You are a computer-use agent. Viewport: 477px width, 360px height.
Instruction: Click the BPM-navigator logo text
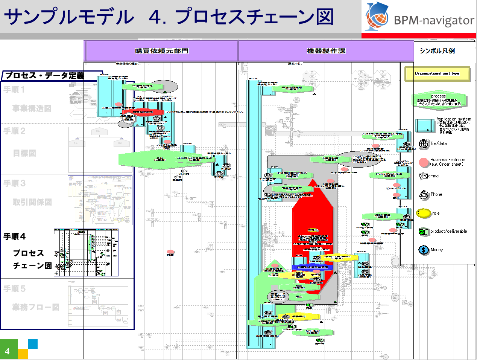point(434,20)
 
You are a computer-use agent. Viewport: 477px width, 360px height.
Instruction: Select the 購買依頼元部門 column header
point(161,51)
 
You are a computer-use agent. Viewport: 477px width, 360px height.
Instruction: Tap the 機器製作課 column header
point(326,51)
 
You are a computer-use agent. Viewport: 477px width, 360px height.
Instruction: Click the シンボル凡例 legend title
point(437,51)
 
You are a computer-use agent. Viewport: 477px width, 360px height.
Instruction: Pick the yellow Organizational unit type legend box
point(437,73)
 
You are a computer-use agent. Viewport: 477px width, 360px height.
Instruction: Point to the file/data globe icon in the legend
point(424,144)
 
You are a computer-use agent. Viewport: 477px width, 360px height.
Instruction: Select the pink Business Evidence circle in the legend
point(424,162)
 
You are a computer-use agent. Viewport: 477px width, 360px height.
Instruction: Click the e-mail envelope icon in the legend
point(423,176)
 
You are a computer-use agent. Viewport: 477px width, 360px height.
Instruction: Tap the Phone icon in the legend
point(424,194)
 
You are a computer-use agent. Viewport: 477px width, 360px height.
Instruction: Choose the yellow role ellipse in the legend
point(424,213)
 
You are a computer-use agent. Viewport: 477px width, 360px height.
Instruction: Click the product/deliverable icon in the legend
point(424,232)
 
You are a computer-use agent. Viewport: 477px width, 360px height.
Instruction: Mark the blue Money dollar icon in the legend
point(424,250)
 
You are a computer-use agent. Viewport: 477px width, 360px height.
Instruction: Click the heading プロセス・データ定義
point(44,75)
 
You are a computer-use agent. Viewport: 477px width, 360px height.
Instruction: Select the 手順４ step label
point(15,236)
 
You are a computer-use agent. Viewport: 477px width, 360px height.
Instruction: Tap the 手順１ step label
point(14,90)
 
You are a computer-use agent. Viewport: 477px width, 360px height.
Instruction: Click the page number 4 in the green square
point(8,351)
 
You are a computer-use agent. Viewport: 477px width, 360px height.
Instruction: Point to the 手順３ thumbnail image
point(100,200)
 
